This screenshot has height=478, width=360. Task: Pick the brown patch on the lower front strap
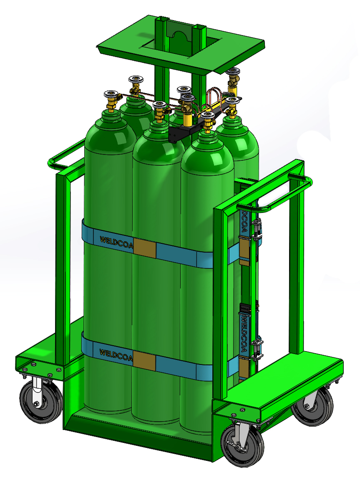pos(144,359)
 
